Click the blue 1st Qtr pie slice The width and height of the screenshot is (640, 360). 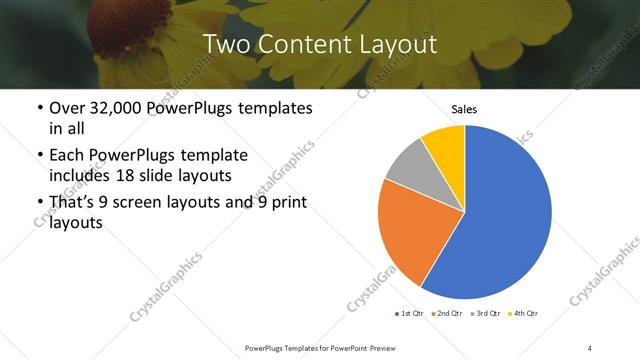505,220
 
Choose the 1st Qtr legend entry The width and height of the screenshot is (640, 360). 409,314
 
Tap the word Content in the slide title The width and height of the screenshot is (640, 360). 316,44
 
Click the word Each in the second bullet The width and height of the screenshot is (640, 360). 67,155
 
